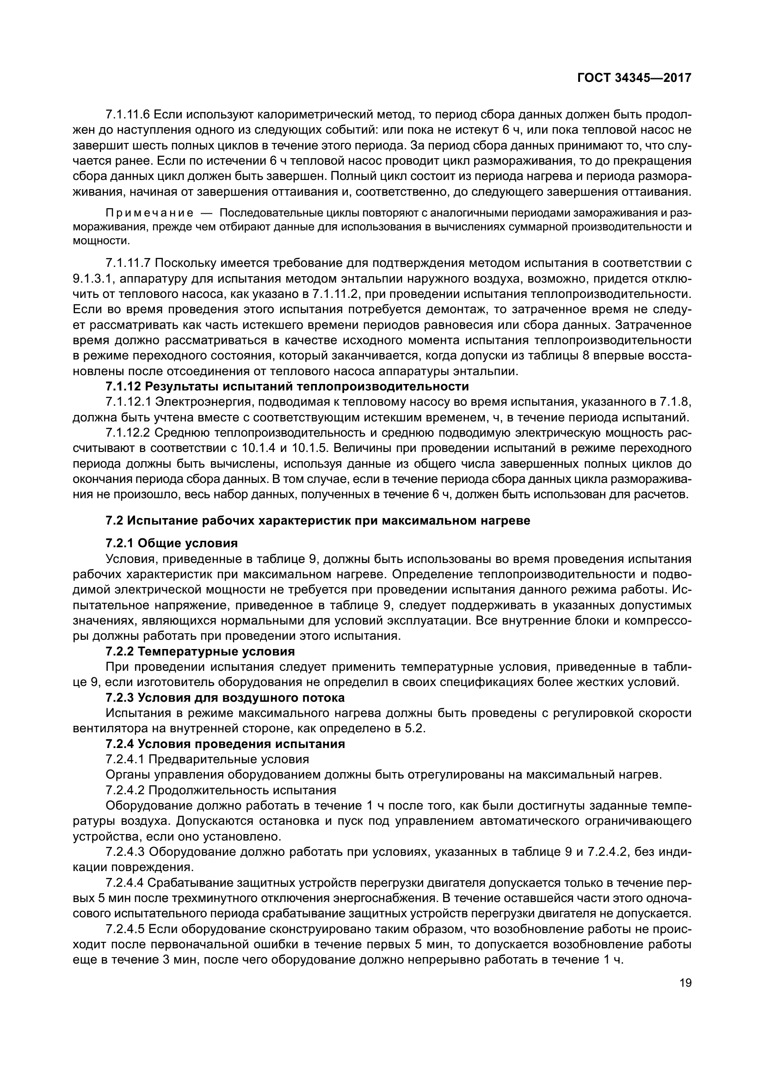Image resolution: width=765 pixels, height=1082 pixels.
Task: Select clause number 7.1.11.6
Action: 128,115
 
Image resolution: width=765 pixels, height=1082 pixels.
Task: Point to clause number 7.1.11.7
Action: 128,263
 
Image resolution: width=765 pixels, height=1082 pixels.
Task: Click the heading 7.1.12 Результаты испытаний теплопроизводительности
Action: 287,386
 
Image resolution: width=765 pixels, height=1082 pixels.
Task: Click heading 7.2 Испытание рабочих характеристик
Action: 318,521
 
